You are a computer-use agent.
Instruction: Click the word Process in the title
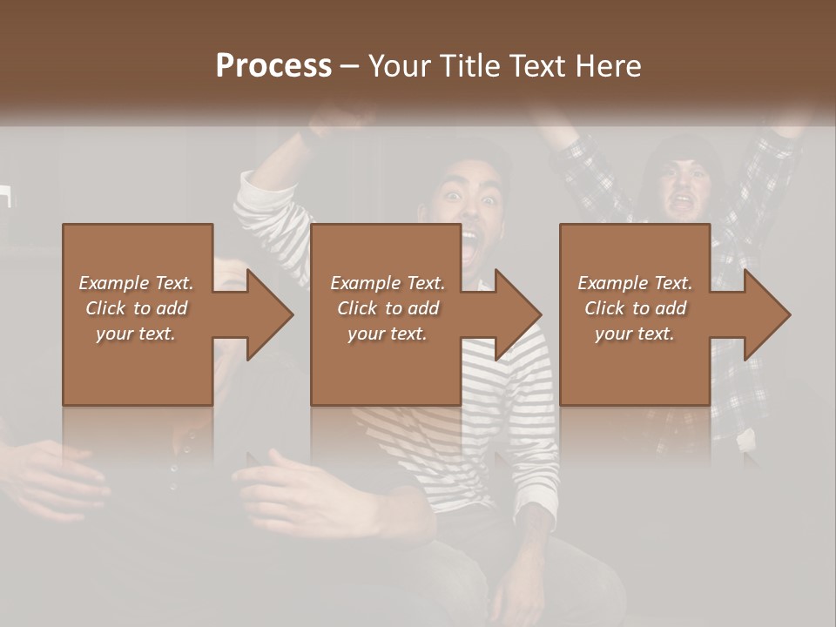tap(273, 65)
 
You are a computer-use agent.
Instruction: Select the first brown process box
tap(138, 366)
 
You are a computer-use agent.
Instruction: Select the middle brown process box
tap(386, 366)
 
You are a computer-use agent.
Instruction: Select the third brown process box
tap(634, 366)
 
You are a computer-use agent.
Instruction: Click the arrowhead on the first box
tap(270, 314)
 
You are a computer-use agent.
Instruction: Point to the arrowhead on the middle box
tap(518, 314)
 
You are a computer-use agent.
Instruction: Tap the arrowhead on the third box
tap(767, 314)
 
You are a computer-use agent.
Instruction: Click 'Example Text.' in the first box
tap(136, 283)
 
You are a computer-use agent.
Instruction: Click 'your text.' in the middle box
tap(387, 334)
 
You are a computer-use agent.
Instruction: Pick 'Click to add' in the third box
tap(635, 308)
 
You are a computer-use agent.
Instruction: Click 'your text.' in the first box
tap(136, 334)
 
